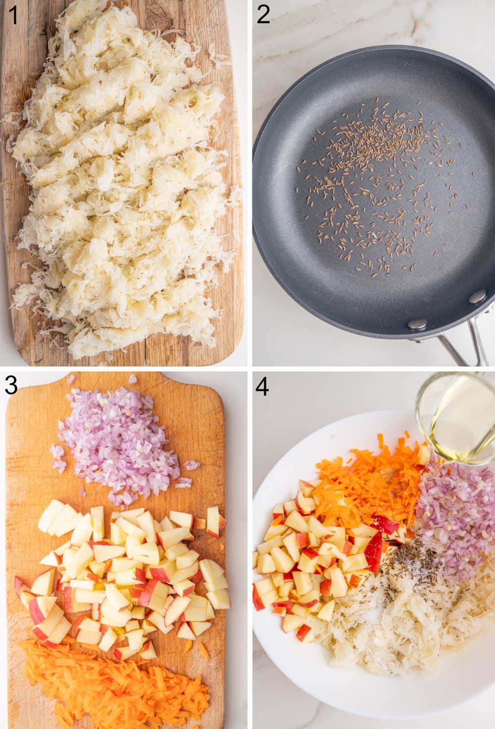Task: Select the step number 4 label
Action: [262, 386]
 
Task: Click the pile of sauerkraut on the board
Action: [124, 183]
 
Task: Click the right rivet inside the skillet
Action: [477, 297]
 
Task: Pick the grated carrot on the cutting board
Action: [114, 683]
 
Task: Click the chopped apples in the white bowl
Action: [297, 559]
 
